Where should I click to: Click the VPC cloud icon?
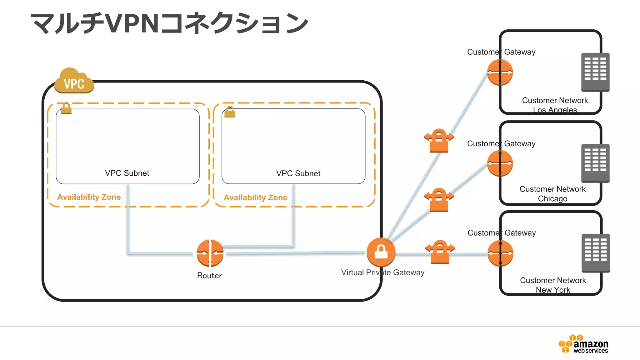pyautogui.click(x=74, y=81)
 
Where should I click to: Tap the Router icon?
pyautogui.click(x=210, y=253)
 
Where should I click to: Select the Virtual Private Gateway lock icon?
pyautogui.click(x=381, y=252)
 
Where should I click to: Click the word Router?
pyautogui.click(x=209, y=276)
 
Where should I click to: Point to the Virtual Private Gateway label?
pyautogui.click(x=382, y=272)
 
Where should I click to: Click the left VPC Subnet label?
pyautogui.click(x=127, y=173)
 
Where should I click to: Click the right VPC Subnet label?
pyautogui.click(x=298, y=173)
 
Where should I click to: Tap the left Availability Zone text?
pyautogui.click(x=89, y=197)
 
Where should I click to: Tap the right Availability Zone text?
pyautogui.click(x=255, y=198)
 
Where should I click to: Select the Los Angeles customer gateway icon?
pyautogui.click(x=500, y=72)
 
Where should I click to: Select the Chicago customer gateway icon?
pyautogui.click(x=500, y=163)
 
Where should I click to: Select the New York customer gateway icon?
pyautogui.click(x=500, y=253)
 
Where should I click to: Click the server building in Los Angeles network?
pyautogui.click(x=595, y=72)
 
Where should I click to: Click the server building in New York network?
pyautogui.click(x=596, y=253)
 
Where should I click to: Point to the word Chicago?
pyautogui.click(x=552, y=199)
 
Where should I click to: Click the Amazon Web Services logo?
pyautogui.click(x=583, y=344)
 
